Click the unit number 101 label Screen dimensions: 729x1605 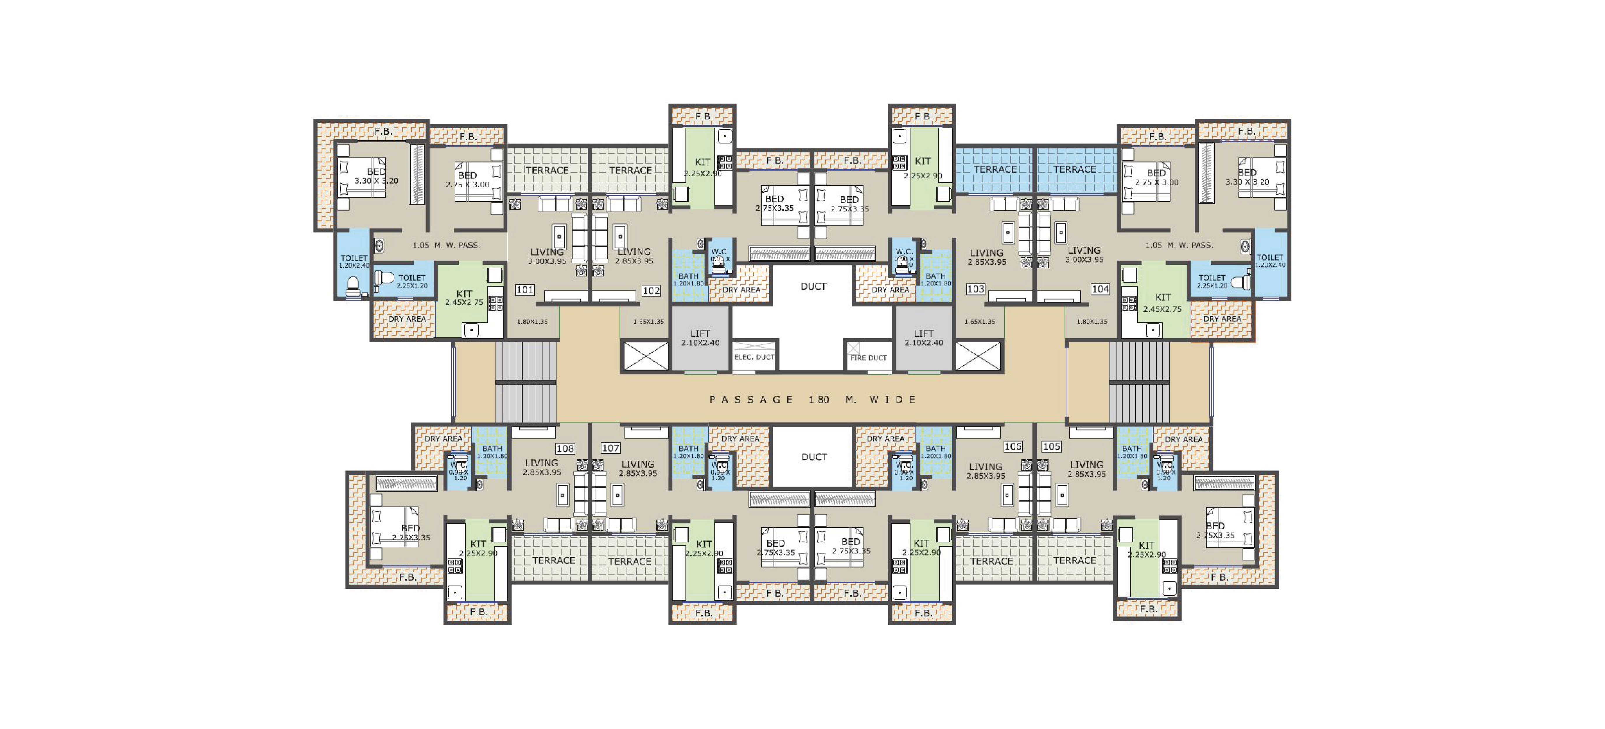point(525,290)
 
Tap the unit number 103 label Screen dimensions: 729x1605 point(975,289)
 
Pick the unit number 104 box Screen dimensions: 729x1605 point(1100,289)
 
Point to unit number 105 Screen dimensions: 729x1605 point(1051,446)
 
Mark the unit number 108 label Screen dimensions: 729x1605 point(565,448)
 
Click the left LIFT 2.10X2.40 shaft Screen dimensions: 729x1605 point(700,338)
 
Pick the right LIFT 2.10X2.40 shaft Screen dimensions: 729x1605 point(923,338)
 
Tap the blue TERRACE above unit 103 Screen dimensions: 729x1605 point(995,169)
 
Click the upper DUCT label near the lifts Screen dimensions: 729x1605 point(813,286)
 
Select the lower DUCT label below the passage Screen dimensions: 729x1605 point(814,457)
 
